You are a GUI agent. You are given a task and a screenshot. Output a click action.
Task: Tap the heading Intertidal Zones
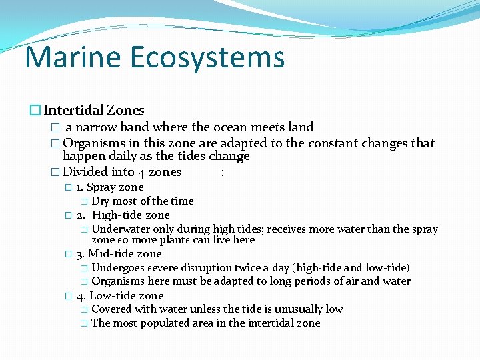tap(94, 110)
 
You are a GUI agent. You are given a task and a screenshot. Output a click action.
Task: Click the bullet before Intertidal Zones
tap(35, 111)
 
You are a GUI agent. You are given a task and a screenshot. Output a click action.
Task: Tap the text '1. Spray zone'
tap(109, 187)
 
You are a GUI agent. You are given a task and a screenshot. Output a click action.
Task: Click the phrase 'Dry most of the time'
tap(143, 201)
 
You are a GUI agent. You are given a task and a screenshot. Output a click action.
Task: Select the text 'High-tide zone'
tap(131, 215)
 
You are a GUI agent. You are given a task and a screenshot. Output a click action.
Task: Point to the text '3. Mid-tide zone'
tap(119, 253)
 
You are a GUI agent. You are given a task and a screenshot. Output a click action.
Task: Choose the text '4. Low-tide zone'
tap(120, 295)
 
